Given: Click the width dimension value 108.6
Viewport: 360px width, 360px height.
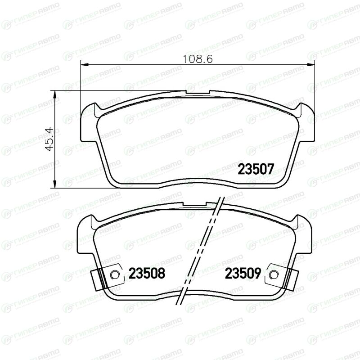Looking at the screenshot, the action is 198,59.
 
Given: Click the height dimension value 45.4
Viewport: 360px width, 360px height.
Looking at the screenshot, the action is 49,139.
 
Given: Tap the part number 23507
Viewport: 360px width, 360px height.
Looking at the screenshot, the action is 256,169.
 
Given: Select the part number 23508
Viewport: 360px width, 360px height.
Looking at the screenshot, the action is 147,273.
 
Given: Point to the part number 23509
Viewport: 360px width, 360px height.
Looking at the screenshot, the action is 243,273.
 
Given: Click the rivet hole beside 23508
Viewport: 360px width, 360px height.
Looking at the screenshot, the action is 114,274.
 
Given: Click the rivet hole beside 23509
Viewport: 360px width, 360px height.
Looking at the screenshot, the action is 273,274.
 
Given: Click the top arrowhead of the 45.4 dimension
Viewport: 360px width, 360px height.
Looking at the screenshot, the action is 54,94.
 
